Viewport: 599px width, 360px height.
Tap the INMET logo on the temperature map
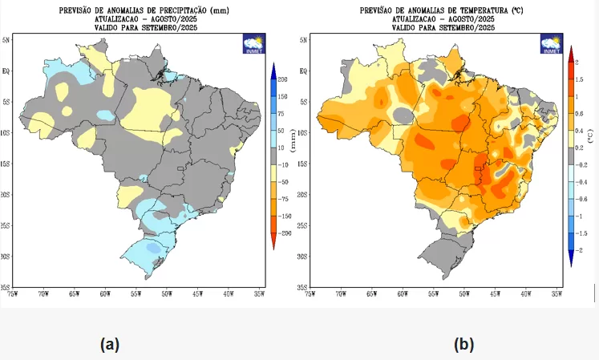(551, 43)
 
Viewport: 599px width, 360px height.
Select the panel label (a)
(110, 345)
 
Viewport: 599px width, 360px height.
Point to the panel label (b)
(463, 345)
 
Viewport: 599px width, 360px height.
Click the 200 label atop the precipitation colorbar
(283, 79)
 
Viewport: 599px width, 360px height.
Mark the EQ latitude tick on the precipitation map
(6, 71)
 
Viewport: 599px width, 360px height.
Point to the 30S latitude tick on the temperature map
(303, 257)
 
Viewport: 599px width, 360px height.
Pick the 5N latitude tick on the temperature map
(304, 39)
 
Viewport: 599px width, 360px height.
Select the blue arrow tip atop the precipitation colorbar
(273, 67)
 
